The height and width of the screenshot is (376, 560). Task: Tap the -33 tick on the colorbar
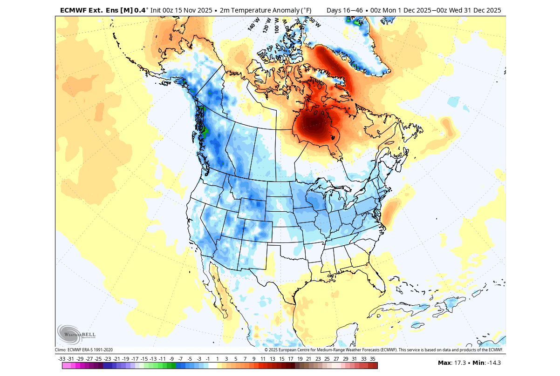coord(61,359)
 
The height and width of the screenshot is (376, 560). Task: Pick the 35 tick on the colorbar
coord(373,359)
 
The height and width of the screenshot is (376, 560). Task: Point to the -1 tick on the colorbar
coord(208,359)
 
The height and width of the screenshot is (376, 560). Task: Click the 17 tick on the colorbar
coord(291,359)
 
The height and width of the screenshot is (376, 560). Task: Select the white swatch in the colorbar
coord(212,366)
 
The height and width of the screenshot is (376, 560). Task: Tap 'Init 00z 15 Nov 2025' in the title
coord(182,10)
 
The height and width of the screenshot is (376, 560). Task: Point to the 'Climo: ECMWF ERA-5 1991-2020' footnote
coord(84,350)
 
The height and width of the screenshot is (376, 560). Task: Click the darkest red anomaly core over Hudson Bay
coord(311,124)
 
